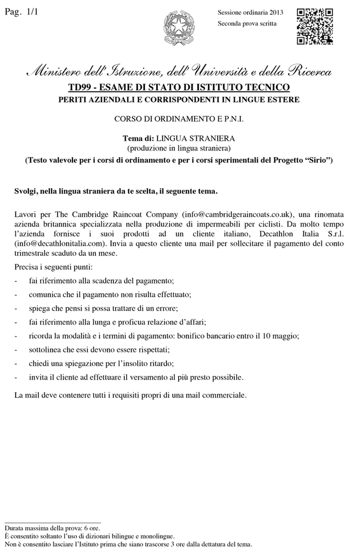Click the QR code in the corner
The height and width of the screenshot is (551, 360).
(315, 26)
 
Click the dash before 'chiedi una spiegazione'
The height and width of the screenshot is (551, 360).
(17, 363)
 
